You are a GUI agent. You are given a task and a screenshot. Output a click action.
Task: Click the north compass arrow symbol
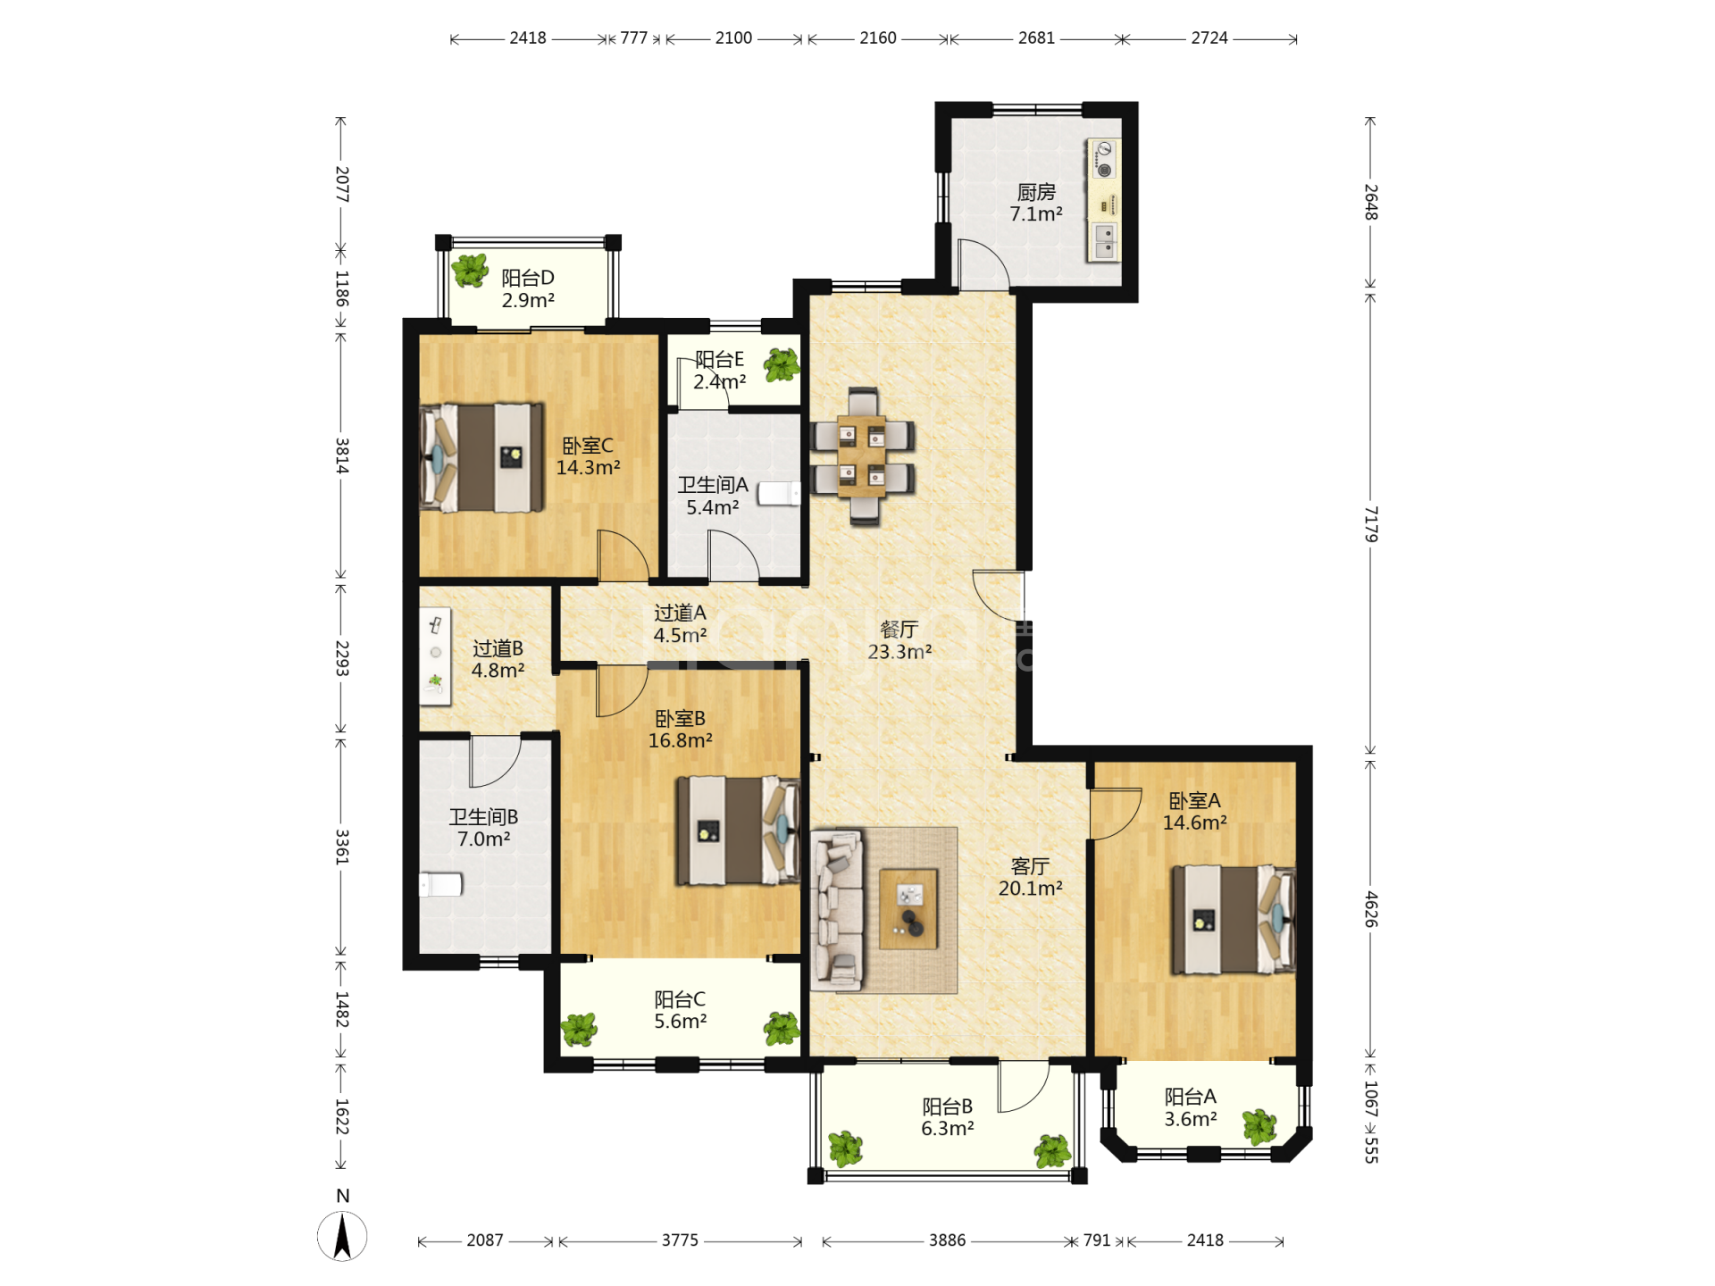342,1236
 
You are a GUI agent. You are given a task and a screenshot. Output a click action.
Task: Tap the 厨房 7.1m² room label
1036,203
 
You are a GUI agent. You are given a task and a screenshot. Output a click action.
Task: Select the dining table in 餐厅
863,456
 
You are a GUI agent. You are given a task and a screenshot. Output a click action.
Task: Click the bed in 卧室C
482,457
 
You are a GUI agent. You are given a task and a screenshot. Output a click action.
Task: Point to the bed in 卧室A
1234,920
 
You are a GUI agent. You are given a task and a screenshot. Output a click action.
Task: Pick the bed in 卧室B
738,831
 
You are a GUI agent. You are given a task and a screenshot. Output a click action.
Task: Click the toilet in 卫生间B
440,884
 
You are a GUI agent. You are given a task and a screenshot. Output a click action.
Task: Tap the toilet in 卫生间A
780,494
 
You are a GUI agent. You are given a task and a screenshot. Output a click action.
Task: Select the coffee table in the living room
908,908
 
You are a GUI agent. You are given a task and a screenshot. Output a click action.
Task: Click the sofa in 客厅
837,910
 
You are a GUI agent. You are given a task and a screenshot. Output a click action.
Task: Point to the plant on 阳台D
470,270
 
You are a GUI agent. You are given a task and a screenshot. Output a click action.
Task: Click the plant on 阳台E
782,365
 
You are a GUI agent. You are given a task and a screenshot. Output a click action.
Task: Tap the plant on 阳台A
1259,1127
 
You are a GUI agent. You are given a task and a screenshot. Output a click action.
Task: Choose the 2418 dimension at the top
528,38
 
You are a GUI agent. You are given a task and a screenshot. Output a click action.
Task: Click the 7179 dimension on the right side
1370,524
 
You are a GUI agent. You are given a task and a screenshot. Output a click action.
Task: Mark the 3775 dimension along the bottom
680,1240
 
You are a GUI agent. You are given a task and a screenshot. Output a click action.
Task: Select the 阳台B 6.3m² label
948,1117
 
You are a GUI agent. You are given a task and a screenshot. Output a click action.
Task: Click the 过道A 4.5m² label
680,623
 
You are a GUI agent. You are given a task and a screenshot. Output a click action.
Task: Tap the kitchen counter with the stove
1104,199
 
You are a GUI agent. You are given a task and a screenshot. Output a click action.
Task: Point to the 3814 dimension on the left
341,455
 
